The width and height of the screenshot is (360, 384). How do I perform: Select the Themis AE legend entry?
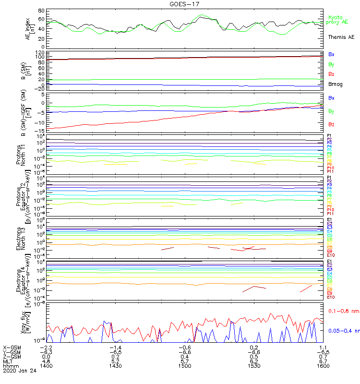point(341,37)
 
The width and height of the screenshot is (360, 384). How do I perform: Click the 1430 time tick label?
point(115,366)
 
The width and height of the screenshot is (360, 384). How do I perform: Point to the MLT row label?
point(8,361)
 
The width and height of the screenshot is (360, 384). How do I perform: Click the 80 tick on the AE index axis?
point(41,11)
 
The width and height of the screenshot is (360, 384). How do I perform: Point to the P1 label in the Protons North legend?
point(329,136)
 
